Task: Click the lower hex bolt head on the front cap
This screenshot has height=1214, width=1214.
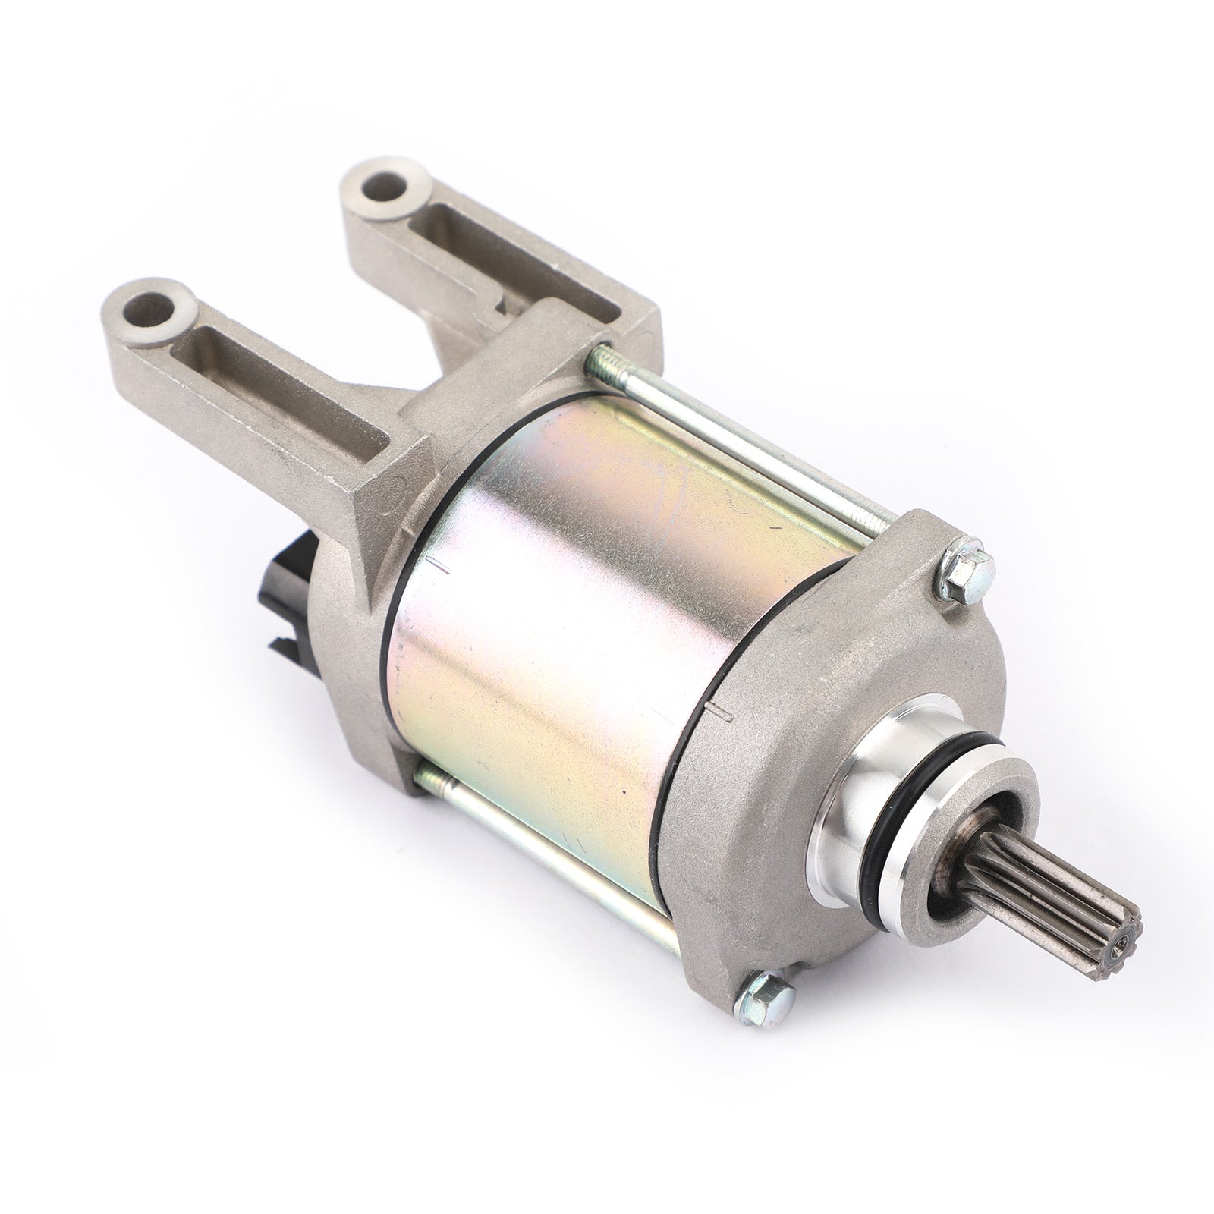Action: pos(769,989)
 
